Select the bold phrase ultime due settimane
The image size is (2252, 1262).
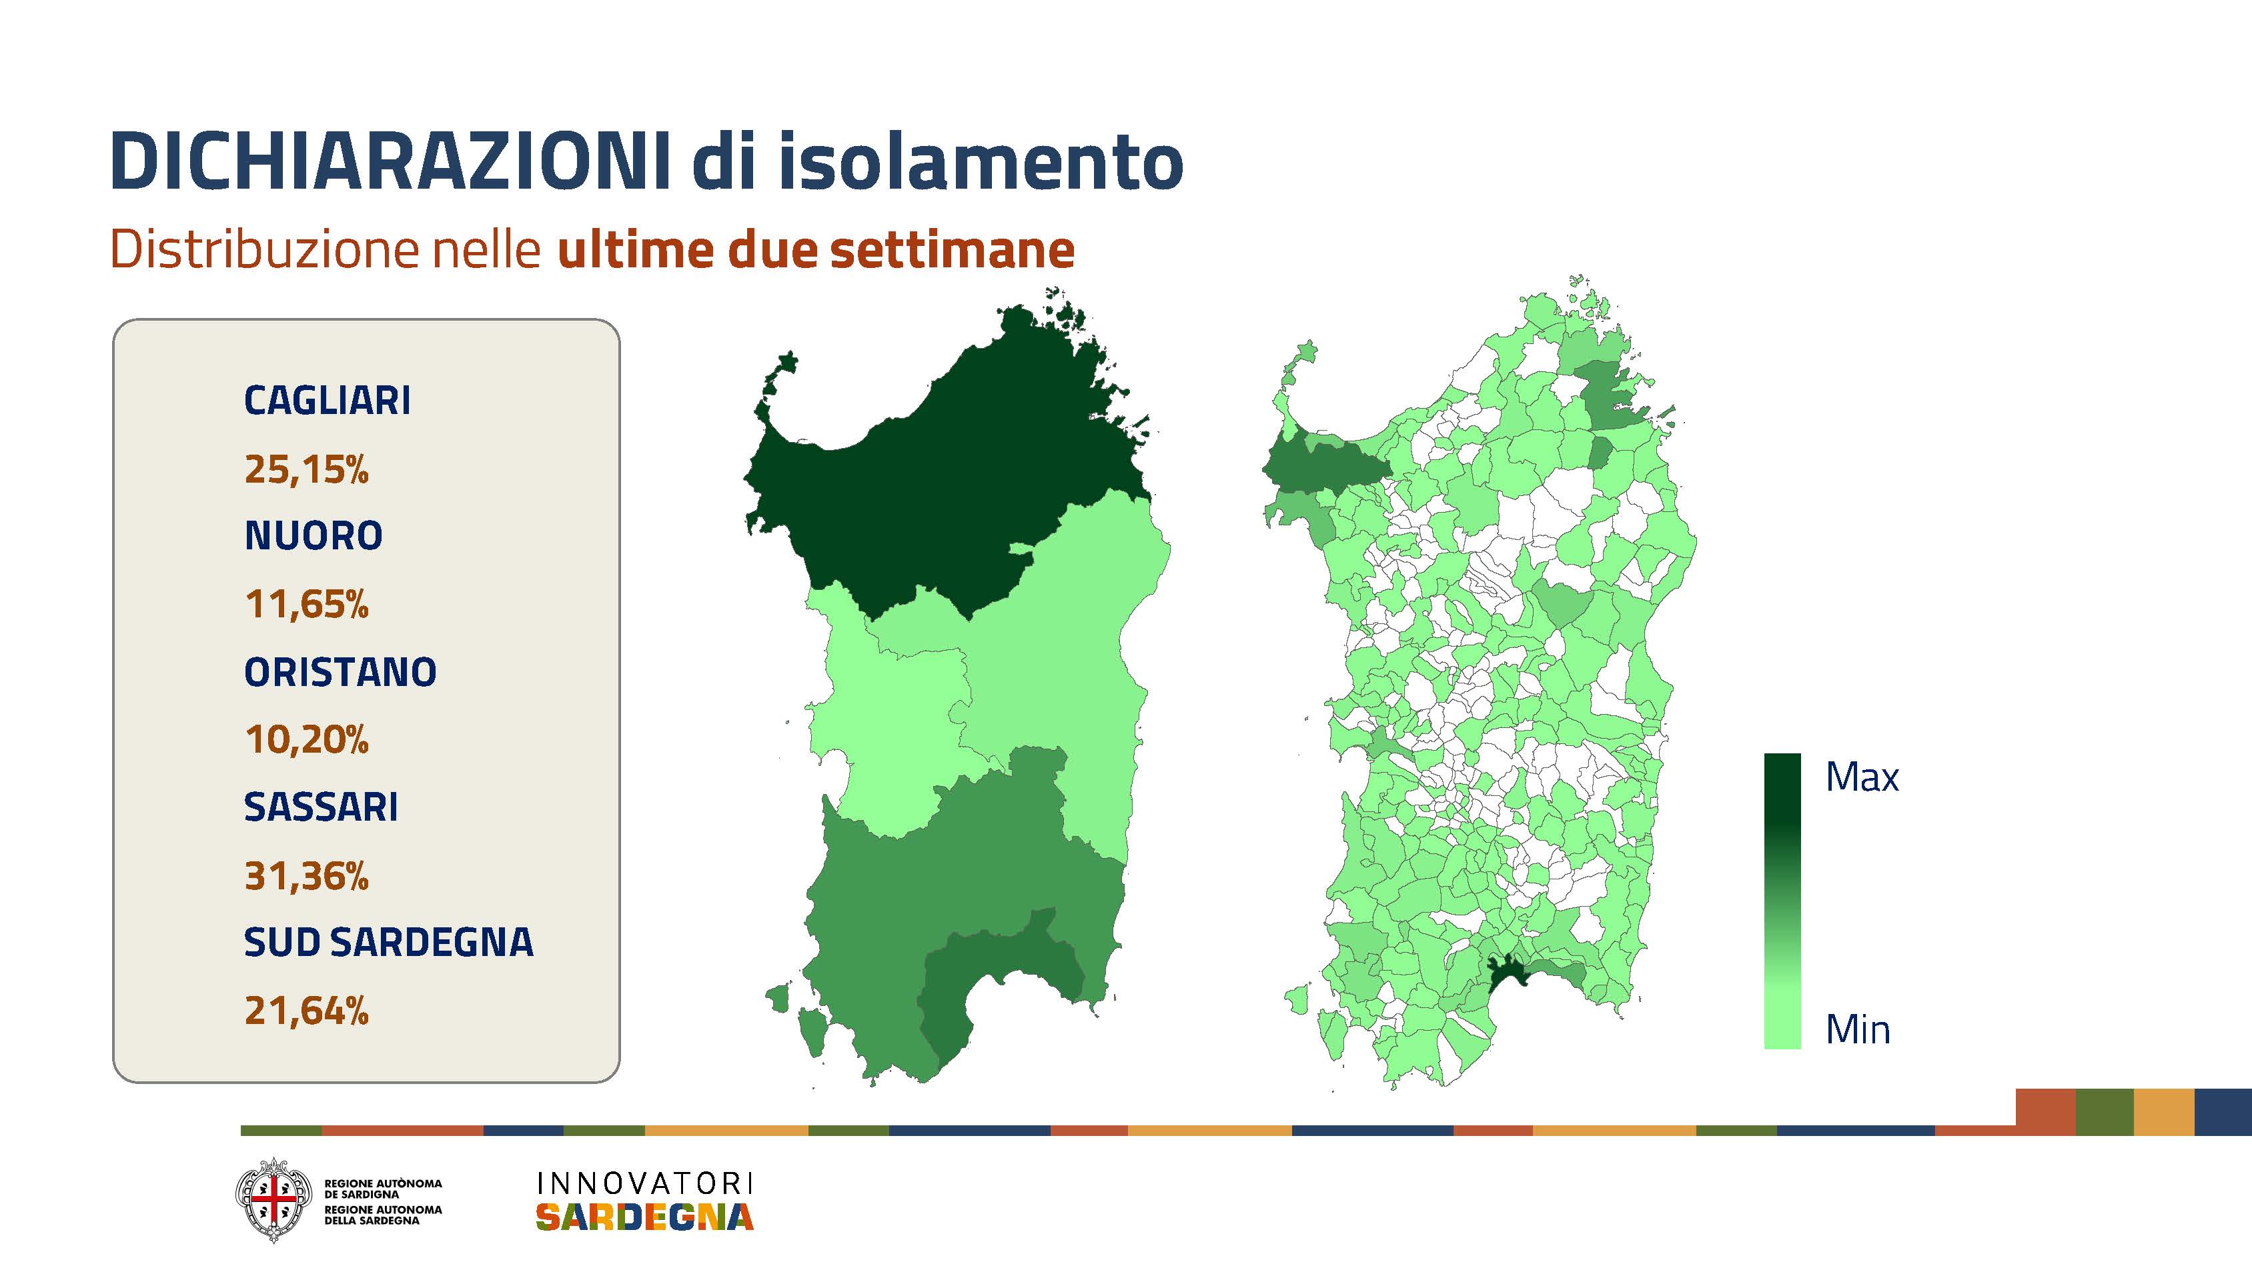816,250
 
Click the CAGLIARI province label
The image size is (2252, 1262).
327,400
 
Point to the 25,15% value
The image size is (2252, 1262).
307,469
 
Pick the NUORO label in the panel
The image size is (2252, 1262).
314,536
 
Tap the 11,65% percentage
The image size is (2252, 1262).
307,604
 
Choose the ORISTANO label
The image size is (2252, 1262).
340,672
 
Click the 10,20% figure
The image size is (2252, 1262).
307,739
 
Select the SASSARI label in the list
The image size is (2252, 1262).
321,807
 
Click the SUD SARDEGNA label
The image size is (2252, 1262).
388,942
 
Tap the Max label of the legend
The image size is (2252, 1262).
1862,777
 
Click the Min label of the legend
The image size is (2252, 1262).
1858,1029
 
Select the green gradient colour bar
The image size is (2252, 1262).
1782,901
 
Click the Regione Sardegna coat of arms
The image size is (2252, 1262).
273,1200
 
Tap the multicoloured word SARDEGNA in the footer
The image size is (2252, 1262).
644,1217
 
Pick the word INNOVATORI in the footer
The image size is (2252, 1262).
644,1183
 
